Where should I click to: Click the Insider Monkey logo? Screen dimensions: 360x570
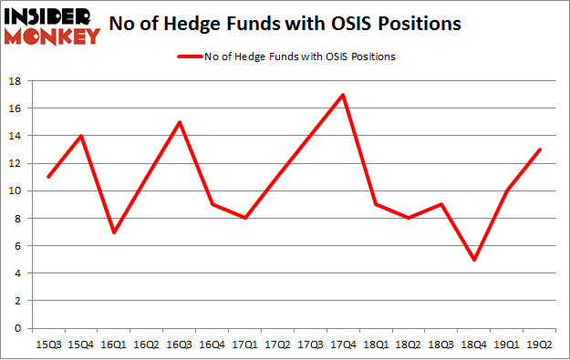52,25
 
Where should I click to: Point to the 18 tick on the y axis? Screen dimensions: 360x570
16,81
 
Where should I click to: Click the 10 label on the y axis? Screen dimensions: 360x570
16,190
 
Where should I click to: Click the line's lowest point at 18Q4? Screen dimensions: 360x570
474,259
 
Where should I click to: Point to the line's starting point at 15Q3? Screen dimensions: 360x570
47,177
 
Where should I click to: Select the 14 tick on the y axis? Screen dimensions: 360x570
16,136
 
